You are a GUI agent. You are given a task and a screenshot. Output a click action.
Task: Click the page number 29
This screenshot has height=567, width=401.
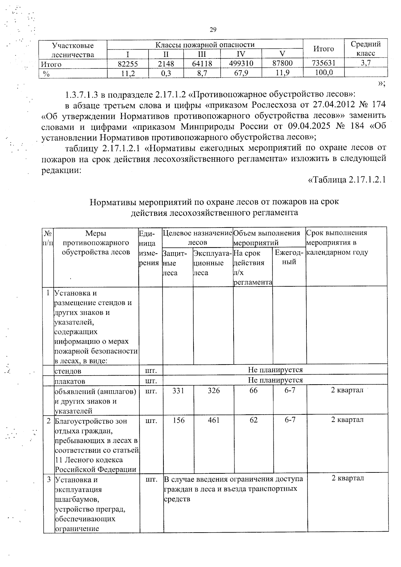[x=213, y=30]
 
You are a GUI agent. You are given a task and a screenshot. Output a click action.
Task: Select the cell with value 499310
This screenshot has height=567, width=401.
[x=241, y=63]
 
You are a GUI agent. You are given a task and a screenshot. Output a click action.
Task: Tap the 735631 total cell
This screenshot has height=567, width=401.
[x=323, y=63]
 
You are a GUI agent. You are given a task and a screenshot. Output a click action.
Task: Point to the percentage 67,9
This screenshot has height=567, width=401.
[x=241, y=73]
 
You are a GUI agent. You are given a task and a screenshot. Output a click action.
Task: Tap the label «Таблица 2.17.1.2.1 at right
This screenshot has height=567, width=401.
[x=347, y=180]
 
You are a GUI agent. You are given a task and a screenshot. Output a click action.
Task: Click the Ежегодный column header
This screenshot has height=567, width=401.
[x=289, y=257]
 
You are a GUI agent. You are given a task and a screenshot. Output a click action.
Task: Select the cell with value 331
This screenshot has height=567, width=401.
[x=178, y=390]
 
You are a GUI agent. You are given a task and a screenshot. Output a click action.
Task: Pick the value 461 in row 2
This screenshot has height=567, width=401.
[x=214, y=420]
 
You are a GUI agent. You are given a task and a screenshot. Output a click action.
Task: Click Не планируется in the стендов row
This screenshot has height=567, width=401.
[x=275, y=370]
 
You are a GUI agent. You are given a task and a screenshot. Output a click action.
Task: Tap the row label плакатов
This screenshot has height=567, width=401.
[x=70, y=381]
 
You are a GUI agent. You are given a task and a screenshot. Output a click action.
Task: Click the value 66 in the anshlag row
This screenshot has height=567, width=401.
[x=253, y=390]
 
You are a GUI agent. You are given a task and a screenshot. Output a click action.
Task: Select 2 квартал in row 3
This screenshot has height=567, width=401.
[x=348, y=478]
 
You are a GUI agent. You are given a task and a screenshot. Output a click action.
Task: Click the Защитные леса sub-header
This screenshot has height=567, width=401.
[x=174, y=263]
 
